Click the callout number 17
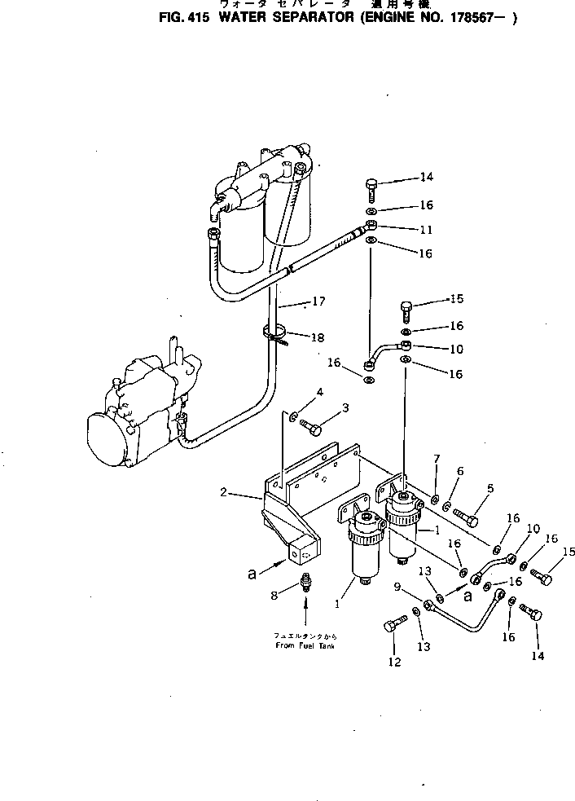pyautogui.click(x=319, y=301)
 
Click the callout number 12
pyautogui.click(x=394, y=662)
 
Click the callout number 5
pyautogui.click(x=490, y=489)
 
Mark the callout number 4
pyautogui.click(x=319, y=391)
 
